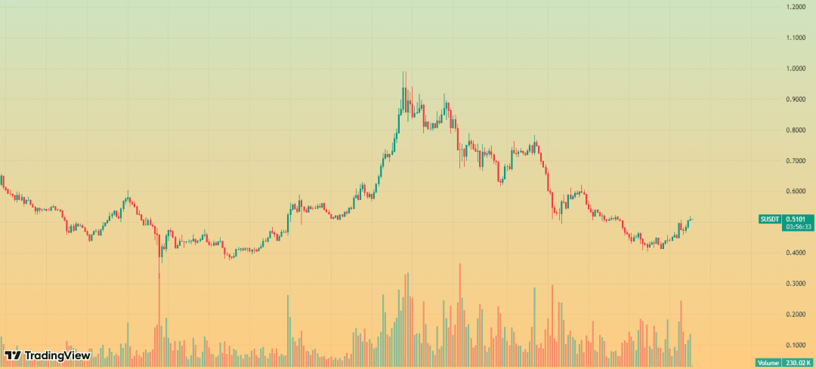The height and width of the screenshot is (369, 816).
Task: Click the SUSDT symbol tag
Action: pyautogui.click(x=769, y=220)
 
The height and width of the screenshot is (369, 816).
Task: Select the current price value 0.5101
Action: pyautogui.click(x=798, y=219)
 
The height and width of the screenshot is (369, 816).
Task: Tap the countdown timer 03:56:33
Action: pyautogui.click(x=798, y=226)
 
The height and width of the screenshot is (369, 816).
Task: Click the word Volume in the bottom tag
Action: pyautogui.click(x=768, y=363)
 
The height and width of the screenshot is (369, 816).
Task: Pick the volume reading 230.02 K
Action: pyautogui.click(x=798, y=363)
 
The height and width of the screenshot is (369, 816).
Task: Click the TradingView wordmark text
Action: pyautogui.click(x=57, y=355)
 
